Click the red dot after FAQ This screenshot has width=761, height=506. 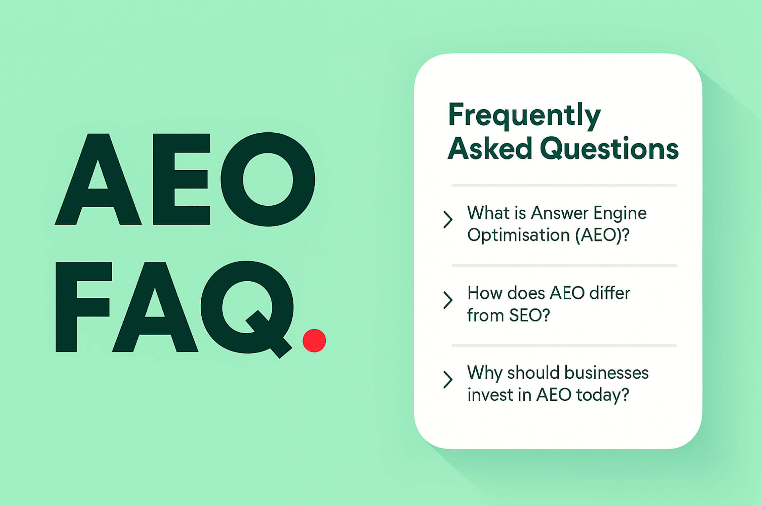click(314, 340)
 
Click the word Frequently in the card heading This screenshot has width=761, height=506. click(524, 116)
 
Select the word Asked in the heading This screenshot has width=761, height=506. click(490, 148)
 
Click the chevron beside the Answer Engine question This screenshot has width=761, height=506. click(448, 219)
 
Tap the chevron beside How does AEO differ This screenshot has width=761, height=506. click(448, 300)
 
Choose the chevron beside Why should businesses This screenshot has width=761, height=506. click(448, 380)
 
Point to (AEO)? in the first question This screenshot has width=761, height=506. click(602, 235)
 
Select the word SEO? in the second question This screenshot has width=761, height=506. click(529, 315)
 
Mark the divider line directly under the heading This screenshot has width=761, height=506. click(564, 185)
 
